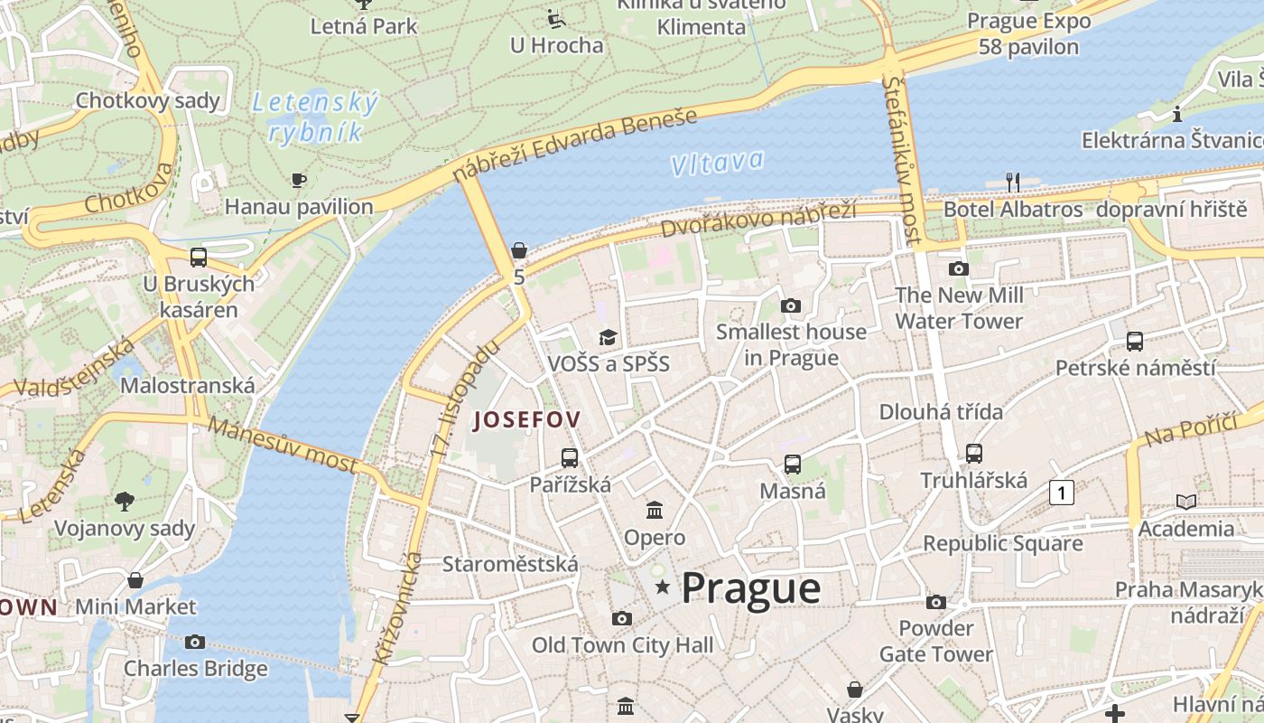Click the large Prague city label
tap(750, 588)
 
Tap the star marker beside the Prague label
tap(663, 587)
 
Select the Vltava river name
tap(718, 164)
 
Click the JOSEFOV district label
tap(526, 419)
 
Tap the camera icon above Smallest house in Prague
tap(791, 305)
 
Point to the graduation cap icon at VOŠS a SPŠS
tap(609, 337)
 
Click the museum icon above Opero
tap(655, 511)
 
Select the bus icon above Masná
tap(793, 465)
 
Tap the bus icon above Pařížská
tap(570, 458)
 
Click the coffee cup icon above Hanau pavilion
tap(299, 181)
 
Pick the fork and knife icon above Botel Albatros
tap(1013, 183)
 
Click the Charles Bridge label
tap(195, 669)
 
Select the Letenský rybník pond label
tap(315, 117)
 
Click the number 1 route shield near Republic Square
tap(1062, 493)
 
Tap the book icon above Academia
tap(1186, 502)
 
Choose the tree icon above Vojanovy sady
tap(125, 501)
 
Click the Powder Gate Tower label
tap(936, 641)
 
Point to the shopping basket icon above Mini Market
tap(135, 579)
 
